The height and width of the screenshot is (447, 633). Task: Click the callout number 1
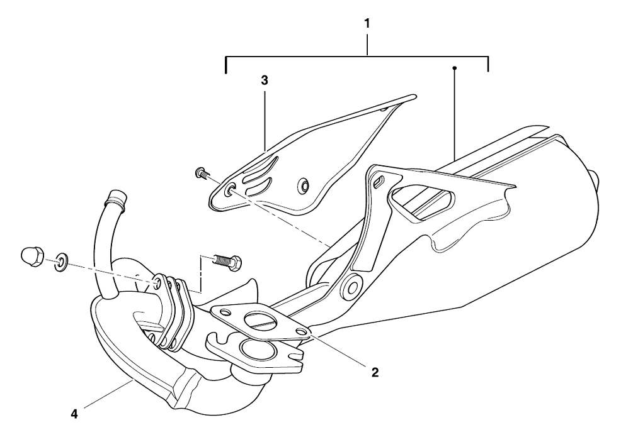click(x=367, y=24)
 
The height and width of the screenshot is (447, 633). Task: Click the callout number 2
click(x=375, y=373)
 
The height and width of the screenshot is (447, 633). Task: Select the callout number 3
click(x=265, y=80)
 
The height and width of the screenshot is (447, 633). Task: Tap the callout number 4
click(x=74, y=414)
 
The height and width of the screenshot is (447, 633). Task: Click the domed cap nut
click(x=31, y=257)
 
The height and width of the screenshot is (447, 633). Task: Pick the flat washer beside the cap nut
click(x=61, y=262)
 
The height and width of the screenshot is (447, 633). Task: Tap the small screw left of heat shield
click(x=201, y=174)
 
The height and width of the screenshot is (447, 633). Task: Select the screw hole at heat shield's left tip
click(x=231, y=189)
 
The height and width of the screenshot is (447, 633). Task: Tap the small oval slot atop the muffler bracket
click(x=379, y=180)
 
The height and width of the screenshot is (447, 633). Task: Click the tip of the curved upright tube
click(x=115, y=197)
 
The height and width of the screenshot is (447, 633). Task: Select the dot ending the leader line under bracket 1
click(x=455, y=67)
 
